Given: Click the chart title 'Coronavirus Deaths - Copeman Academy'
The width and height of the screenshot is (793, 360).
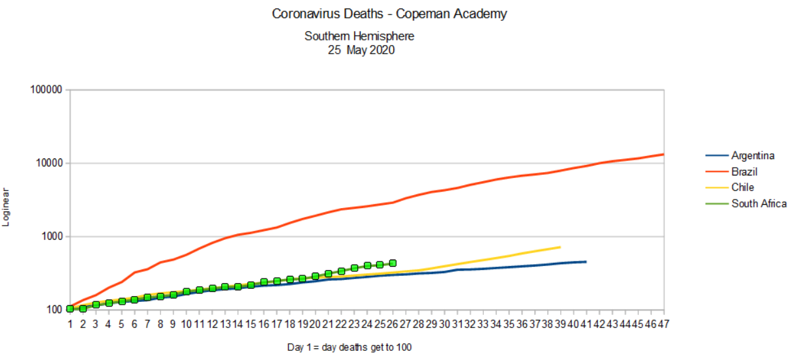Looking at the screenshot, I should click(x=389, y=14).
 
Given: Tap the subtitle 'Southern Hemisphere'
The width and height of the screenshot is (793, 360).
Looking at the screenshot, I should click(x=359, y=37).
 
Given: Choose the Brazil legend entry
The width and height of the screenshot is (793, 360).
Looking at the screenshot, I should click(x=744, y=172).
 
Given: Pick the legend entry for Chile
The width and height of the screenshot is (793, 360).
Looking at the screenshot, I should click(x=742, y=188).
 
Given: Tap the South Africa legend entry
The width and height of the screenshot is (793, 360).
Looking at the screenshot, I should click(x=758, y=203).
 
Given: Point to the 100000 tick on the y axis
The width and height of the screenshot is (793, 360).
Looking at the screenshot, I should click(x=46, y=90).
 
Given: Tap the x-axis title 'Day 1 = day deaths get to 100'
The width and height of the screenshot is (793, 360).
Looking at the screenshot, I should click(x=350, y=347).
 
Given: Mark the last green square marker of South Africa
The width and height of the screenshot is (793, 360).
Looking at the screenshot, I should click(x=393, y=263).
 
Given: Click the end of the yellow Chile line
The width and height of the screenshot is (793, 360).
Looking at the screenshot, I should click(x=560, y=247).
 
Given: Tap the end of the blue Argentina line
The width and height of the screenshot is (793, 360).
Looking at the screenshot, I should click(x=586, y=262).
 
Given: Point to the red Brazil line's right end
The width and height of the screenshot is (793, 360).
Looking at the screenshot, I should click(x=663, y=155).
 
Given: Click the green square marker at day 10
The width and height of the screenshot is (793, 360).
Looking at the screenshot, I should click(x=187, y=292).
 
